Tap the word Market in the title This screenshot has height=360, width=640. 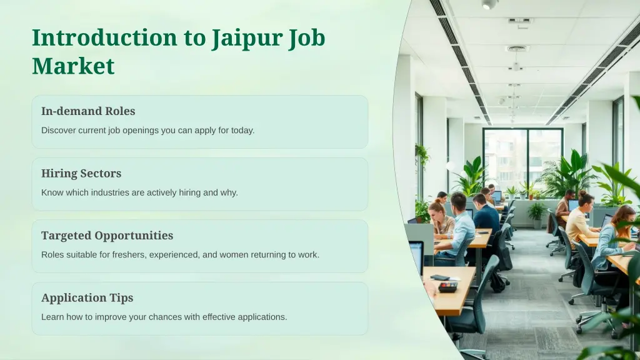pyautogui.click(x=73, y=66)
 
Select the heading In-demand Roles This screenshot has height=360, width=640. pyautogui.click(x=88, y=111)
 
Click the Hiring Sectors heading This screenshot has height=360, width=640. pyautogui.click(x=81, y=173)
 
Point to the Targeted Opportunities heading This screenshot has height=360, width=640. pyautogui.click(x=107, y=236)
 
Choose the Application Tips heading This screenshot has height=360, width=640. pyautogui.click(x=87, y=297)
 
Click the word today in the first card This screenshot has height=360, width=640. pyautogui.click(x=241, y=131)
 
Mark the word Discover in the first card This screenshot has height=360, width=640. pyautogui.click(x=58, y=131)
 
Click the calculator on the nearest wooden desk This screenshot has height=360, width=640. pyautogui.click(x=447, y=286)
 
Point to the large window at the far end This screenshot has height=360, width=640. pyautogui.click(x=522, y=159)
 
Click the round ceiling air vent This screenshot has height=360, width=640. pyautogui.click(x=517, y=49)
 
